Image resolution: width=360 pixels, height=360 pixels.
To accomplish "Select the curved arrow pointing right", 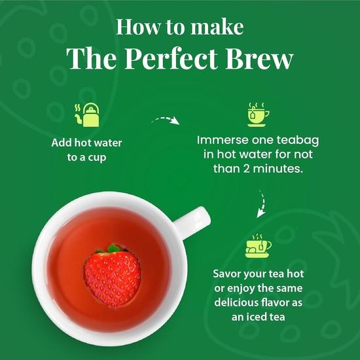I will click(165, 122).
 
